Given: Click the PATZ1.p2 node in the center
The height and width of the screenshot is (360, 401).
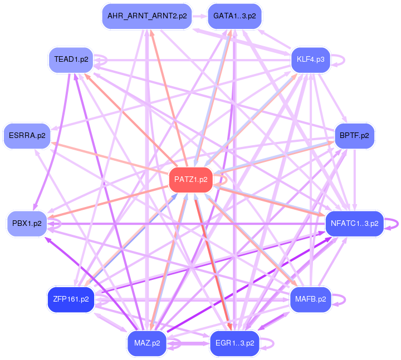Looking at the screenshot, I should (190, 180).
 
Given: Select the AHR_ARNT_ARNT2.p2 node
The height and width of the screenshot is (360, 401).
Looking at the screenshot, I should (147, 16).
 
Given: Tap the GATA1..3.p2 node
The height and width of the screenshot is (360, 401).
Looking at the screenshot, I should (234, 16).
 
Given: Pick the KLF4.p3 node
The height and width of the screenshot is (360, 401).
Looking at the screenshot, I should (311, 60).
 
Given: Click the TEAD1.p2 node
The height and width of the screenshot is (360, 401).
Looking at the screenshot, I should (71, 60).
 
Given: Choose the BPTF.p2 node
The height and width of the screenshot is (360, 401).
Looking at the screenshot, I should (354, 135).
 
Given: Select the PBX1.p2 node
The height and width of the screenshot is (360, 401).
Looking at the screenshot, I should (27, 224).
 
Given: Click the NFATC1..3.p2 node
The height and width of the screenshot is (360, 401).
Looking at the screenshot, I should (354, 224).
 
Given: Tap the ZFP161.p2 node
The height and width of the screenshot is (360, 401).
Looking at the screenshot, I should (70, 299).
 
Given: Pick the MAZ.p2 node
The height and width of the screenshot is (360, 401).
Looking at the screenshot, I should (147, 343).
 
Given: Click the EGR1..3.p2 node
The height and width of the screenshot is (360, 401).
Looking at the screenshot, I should (234, 343).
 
